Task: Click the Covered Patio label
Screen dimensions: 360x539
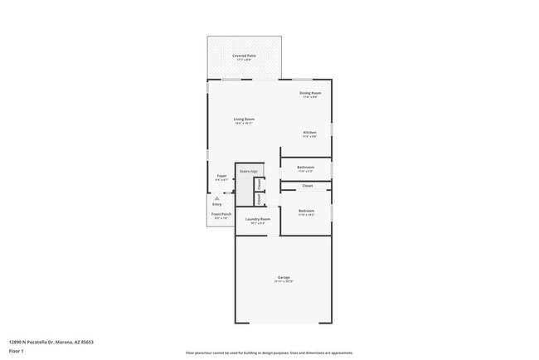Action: [244, 56]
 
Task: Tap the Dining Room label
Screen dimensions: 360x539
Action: [310, 93]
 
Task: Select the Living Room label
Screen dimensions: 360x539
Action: [244, 119]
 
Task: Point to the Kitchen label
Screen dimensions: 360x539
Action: [309, 133]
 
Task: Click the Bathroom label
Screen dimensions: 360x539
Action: [306, 167]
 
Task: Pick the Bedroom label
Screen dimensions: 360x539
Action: [306, 211]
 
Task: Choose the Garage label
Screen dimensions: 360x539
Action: [284, 277]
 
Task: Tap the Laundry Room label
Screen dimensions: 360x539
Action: [258, 219]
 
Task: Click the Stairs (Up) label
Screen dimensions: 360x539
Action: [249, 171]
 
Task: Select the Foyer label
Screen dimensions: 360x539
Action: [222, 176]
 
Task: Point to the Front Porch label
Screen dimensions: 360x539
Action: [221, 214]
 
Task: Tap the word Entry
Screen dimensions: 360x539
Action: [217, 204]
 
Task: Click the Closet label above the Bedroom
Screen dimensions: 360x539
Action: [307, 186]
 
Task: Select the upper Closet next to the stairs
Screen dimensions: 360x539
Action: [259, 184]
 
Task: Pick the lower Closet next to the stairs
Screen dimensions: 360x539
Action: [259, 199]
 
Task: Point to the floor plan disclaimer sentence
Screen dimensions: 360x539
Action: [269, 353]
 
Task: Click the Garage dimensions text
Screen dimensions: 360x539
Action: [284, 282]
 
